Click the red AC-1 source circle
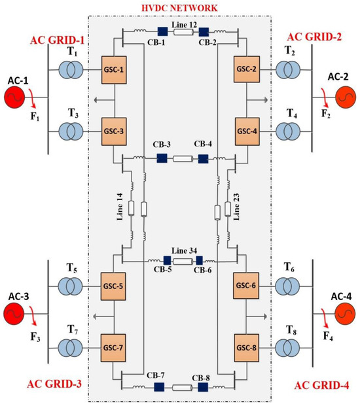click(16, 99)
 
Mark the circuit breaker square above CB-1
click(162, 30)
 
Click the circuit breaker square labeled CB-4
click(204, 158)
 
